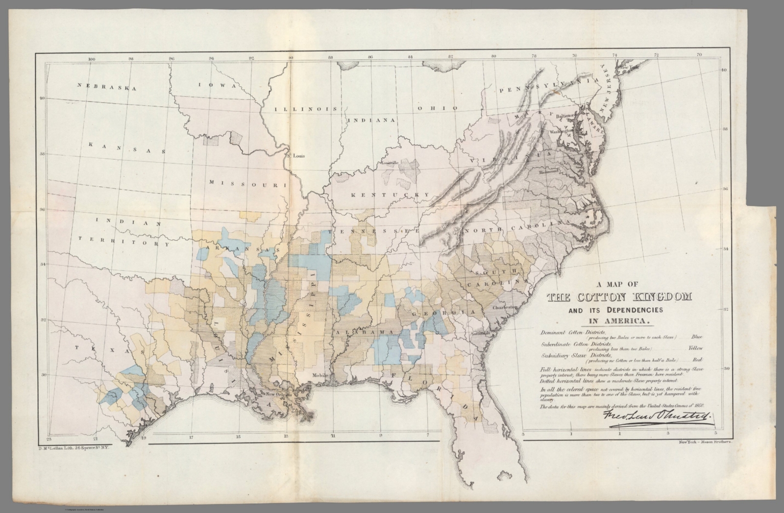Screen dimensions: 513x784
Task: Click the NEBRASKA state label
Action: tap(108, 87)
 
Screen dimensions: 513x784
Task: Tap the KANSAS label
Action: tap(127, 148)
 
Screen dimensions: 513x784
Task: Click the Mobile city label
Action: tap(320, 375)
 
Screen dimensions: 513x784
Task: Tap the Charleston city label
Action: tap(505, 307)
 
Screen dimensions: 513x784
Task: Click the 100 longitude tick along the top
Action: tap(91, 59)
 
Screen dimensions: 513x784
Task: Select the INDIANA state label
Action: tap(371, 120)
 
